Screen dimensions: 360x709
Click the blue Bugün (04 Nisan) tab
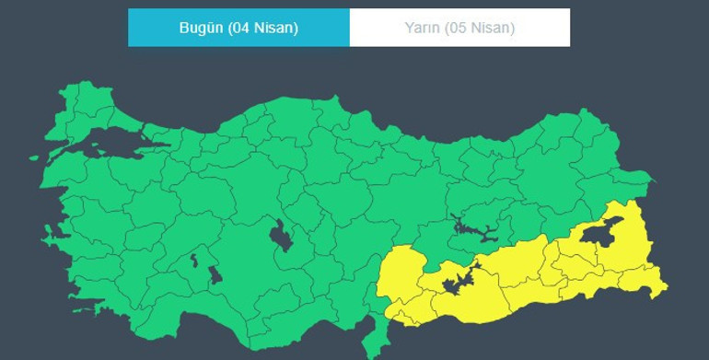[238, 28]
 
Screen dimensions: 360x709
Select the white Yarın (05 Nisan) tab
[459, 28]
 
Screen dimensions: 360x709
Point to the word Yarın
[423, 28]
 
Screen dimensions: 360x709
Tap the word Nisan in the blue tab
[274, 28]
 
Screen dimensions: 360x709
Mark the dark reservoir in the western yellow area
[458, 282]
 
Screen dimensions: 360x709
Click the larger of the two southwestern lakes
[215, 274]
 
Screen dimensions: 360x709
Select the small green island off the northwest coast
[34, 157]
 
